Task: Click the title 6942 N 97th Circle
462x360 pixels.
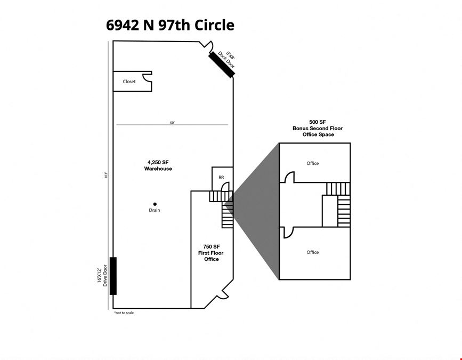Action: tap(170, 25)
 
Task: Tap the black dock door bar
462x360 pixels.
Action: tap(221, 65)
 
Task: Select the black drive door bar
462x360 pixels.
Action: tap(113, 276)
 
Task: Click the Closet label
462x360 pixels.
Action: tap(129, 82)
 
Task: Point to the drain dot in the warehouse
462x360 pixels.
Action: tap(155, 204)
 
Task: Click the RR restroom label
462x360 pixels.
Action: tap(221, 178)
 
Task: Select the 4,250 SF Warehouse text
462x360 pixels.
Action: tap(158, 165)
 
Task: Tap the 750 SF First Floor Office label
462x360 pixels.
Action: tap(211, 253)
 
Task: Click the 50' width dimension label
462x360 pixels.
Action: tap(172, 123)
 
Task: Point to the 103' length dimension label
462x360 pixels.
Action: tap(106, 175)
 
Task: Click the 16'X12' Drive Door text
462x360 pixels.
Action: tap(102, 275)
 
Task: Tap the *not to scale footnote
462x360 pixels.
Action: tap(124, 313)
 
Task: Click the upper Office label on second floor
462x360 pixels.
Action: tap(313, 163)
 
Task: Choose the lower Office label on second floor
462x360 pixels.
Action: tap(313, 252)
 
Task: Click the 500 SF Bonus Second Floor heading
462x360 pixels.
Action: tap(318, 128)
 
